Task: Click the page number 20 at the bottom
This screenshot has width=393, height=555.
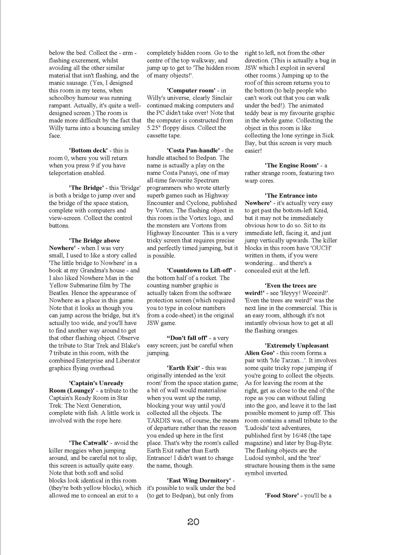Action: [193, 521]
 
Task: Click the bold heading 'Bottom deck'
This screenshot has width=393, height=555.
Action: [88, 151]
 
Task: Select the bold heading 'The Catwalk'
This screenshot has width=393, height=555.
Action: [88, 443]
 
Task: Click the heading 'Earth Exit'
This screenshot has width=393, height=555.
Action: [183, 368]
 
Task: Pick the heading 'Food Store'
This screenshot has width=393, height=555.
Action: [282, 495]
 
